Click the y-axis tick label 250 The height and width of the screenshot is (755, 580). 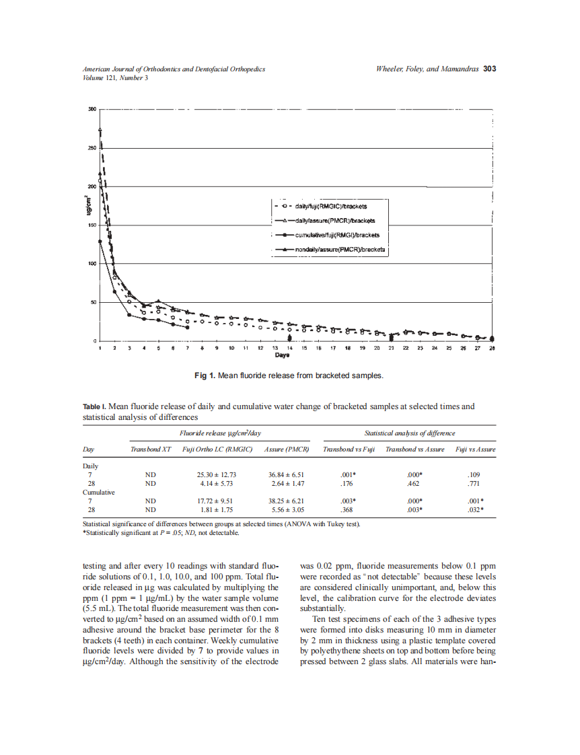(x=92, y=148)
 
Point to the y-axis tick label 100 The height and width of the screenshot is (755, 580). (x=92, y=264)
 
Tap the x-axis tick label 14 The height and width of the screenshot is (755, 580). (x=289, y=349)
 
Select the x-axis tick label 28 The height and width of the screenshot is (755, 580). (x=492, y=349)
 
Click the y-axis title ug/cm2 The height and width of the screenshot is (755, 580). (x=85, y=207)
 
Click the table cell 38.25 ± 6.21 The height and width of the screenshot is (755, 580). (x=287, y=501)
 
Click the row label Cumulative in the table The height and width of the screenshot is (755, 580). (x=98, y=492)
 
